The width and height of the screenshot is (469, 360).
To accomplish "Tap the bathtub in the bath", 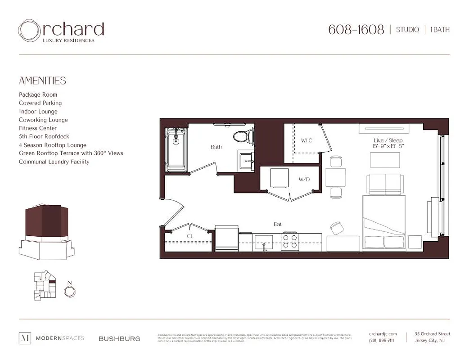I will click(x=176, y=149).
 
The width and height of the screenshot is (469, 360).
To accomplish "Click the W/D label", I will click(x=304, y=180).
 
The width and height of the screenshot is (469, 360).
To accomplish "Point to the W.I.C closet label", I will click(x=307, y=141).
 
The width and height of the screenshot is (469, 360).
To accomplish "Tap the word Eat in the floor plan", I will click(x=278, y=224).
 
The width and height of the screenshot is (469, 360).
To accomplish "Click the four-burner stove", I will click(x=290, y=241).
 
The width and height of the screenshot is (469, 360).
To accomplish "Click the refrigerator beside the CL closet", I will click(x=226, y=238).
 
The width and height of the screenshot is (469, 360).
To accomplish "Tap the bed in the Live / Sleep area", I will click(x=384, y=223).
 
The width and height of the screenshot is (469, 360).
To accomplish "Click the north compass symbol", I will click(x=69, y=291).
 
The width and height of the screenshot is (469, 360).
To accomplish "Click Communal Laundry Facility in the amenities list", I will click(x=54, y=162).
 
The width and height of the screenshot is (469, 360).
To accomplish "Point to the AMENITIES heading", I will click(x=42, y=81).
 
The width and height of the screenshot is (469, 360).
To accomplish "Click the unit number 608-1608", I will click(x=356, y=30).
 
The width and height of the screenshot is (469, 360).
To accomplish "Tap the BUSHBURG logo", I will click(x=119, y=338).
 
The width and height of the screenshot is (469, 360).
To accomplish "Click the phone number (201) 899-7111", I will click(x=381, y=341).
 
